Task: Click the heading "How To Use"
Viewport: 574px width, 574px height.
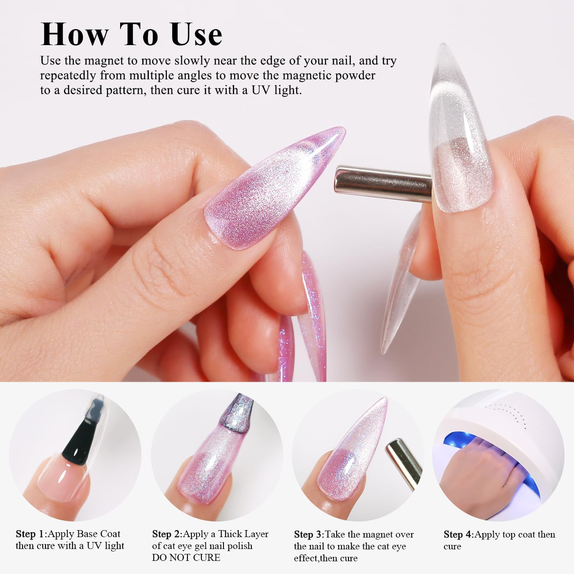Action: (132, 34)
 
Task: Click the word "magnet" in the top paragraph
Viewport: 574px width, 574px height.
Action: (103, 61)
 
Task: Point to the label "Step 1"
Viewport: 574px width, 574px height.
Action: (31, 534)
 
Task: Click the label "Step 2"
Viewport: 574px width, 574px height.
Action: (167, 534)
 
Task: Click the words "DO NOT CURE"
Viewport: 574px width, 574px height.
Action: (186, 558)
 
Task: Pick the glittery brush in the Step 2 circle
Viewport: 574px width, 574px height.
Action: (238, 414)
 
